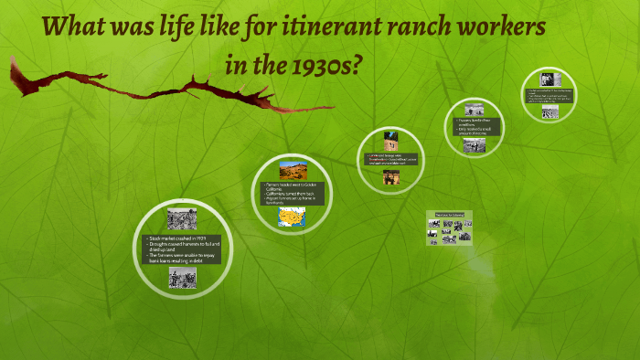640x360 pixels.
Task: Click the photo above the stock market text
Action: click(x=182, y=219)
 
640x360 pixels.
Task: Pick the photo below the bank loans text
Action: click(x=182, y=278)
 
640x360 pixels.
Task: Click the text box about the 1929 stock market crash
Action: click(x=182, y=249)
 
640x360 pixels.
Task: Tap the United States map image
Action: click(x=293, y=217)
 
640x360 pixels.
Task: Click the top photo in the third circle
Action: click(x=391, y=143)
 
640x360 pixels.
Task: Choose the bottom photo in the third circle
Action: click(x=391, y=177)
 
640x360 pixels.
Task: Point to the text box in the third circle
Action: click(x=391, y=160)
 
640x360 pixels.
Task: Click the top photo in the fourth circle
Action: click(x=474, y=110)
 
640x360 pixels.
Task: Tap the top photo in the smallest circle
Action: click(x=550, y=79)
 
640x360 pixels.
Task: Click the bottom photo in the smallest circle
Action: click(x=550, y=112)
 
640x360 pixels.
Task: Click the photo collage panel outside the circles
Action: click(x=449, y=228)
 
